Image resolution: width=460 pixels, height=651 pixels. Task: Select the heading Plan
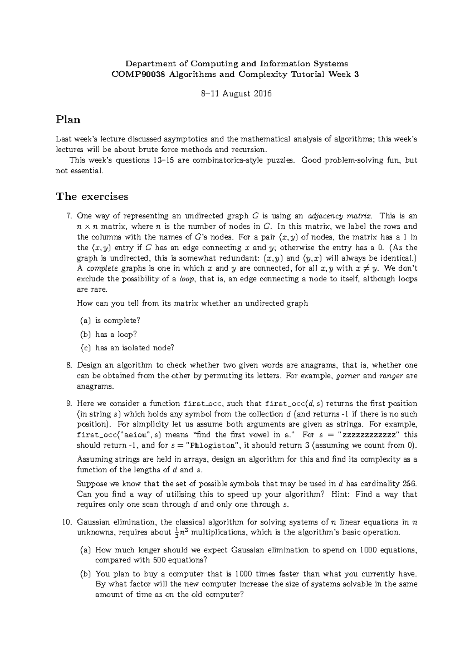tap(68, 120)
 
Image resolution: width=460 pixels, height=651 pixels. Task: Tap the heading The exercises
tap(92, 197)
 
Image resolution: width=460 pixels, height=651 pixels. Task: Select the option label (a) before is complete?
tap(85, 321)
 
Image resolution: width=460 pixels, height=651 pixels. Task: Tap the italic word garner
tap(348, 376)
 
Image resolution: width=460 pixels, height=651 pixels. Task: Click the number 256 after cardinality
tap(410, 484)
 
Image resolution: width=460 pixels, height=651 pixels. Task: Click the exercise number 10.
tap(67, 522)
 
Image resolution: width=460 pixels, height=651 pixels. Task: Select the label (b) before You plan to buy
tap(85, 574)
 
